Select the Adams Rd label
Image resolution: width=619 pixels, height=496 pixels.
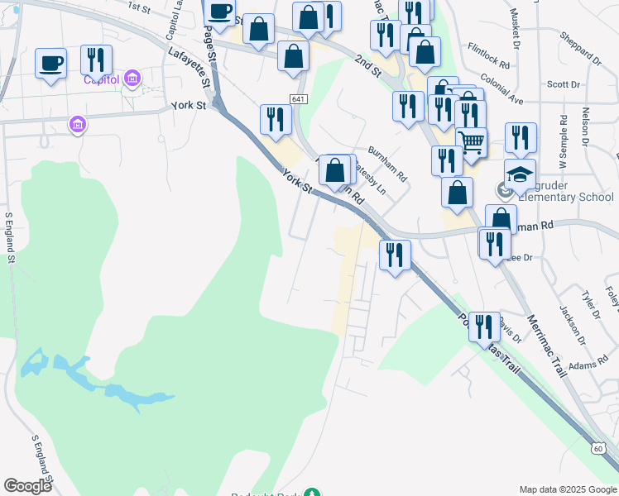click(x=583, y=364)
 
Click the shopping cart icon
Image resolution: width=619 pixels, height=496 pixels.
click(x=472, y=141)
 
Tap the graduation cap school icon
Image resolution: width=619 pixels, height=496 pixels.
click(x=521, y=174)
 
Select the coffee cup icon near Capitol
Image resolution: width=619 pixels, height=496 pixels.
click(x=50, y=63)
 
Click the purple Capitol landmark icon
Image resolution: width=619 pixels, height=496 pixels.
click(x=132, y=79)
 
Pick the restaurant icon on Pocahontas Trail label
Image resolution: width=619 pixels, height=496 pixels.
click(x=483, y=327)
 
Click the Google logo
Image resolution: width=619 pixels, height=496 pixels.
click(x=27, y=486)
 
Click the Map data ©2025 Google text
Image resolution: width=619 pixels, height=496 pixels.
click(x=567, y=489)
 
